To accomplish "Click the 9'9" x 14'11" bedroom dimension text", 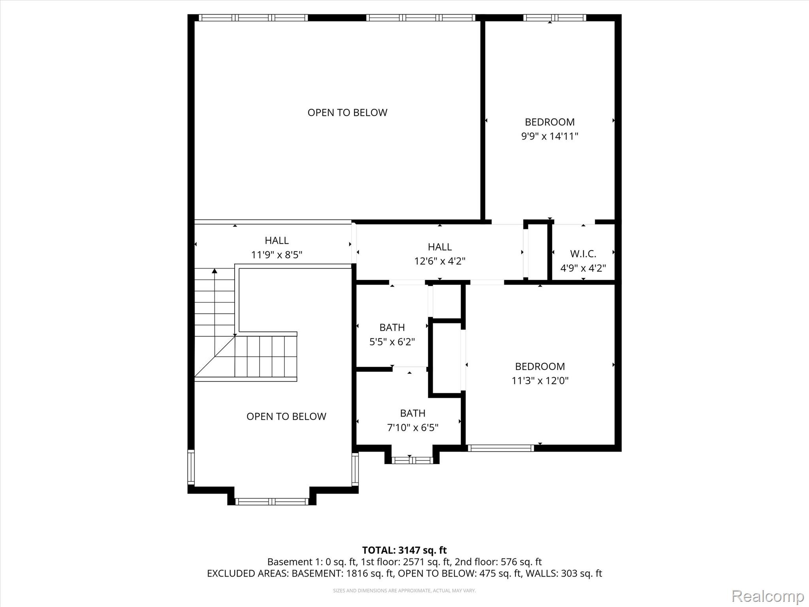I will (549, 136).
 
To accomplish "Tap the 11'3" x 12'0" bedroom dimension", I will (540, 381).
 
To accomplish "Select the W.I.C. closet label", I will (583, 254).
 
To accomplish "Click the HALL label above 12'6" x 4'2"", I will (440, 247).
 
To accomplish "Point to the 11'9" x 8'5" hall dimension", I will (277, 255).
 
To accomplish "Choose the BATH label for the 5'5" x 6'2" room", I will (392, 327).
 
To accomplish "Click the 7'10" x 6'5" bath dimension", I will (412, 428).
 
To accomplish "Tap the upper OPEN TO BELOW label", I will (347, 113).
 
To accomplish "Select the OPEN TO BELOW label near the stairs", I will (286, 417).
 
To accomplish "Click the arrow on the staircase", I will (214, 271).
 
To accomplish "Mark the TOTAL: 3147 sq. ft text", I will (404, 550).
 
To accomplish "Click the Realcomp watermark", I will (768, 596).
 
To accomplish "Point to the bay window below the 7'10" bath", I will (412, 460).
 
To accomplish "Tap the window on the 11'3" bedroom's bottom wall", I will (500, 448).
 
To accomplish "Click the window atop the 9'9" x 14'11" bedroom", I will (554, 17).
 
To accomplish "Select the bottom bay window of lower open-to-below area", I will (271, 501).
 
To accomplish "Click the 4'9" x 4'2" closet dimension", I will (583, 268).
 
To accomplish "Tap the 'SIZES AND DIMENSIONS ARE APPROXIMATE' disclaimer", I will (404, 590).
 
